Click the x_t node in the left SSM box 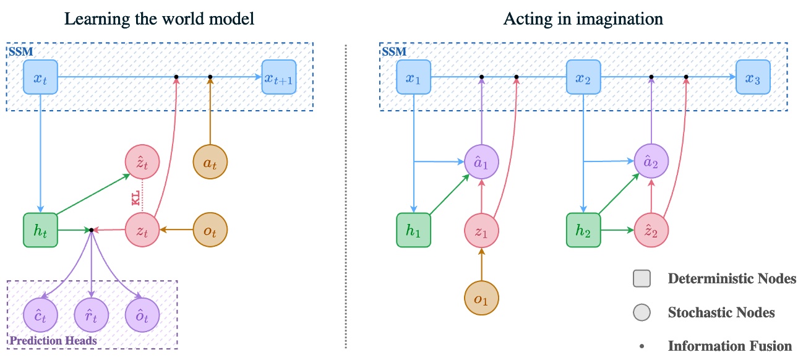pos(40,77)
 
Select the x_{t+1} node pos(279,77)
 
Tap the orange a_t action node pos(211,163)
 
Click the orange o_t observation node pos(211,230)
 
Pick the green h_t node pos(40,230)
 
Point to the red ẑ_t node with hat pos(142,163)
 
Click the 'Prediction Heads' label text pos(53,341)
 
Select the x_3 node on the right pos(753,77)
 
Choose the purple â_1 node pos(481,163)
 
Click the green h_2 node pos(584,230)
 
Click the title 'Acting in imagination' pos(583,19)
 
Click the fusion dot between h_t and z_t pos(92,230)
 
